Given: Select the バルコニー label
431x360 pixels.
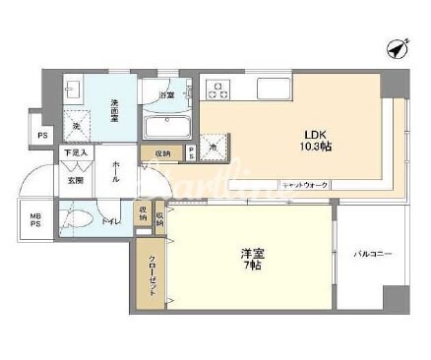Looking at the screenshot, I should pos(373,255).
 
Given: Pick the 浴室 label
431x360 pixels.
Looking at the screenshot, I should pos(168,95).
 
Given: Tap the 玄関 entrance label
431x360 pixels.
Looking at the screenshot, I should pos(76,179).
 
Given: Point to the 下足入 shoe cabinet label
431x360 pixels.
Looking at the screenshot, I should pos(76,153).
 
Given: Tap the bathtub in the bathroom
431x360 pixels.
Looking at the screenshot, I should pos(170,127).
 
